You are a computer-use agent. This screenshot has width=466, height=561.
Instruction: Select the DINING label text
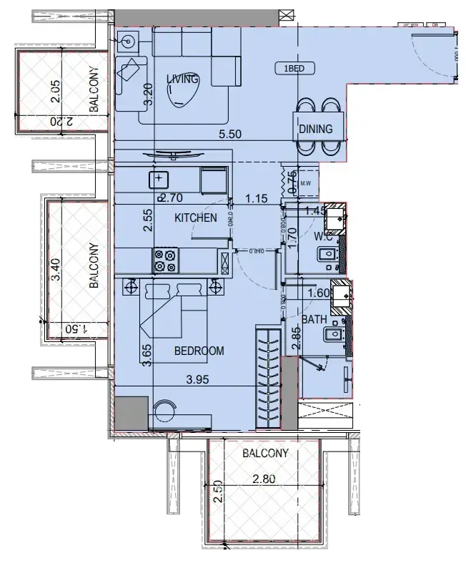click(316, 129)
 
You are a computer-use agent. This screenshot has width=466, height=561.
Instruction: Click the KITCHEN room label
click(195, 217)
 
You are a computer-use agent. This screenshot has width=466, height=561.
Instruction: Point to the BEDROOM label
click(199, 351)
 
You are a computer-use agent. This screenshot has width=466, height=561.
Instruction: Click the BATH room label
click(314, 318)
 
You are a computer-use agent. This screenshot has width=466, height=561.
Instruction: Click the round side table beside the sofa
click(129, 42)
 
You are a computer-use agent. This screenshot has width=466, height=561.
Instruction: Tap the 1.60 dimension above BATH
click(317, 293)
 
